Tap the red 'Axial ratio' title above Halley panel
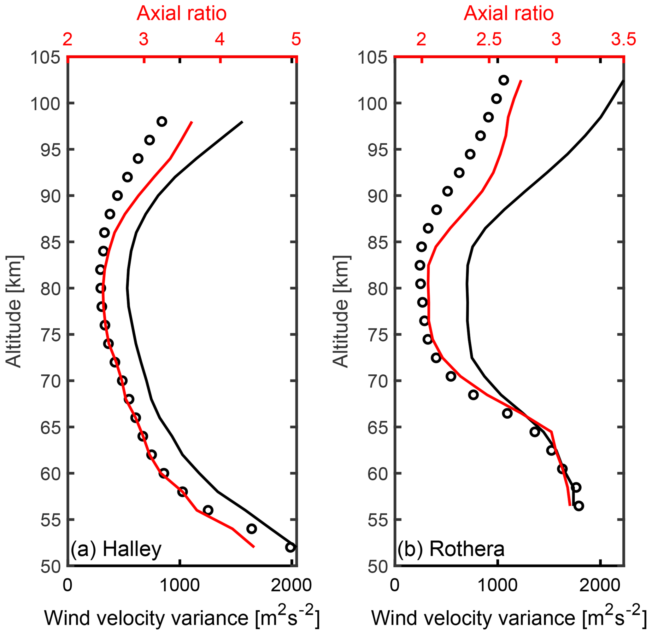click(x=182, y=14)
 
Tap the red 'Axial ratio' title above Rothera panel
click(x=509, y=14)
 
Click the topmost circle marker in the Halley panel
click(x=162, y=121)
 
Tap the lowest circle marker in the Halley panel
click(x=290, y=547)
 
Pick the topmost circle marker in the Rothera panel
click(x=504, y=80)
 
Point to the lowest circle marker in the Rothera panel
click(x=579, y=506)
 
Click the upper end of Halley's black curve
click(x=242, y=122)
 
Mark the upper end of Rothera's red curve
click(x=521, y=80)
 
